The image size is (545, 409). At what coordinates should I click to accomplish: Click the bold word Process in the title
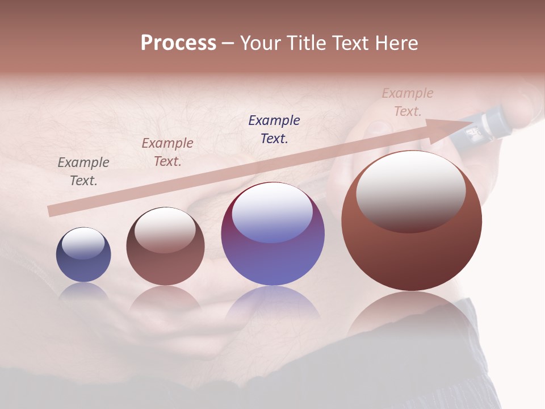178,43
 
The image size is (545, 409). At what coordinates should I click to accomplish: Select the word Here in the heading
395,43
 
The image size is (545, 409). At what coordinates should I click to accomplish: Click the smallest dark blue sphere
83,255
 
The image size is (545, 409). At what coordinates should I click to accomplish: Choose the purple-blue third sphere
272,233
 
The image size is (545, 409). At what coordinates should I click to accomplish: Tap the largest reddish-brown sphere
412,221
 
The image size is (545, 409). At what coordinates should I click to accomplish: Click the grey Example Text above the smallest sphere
83,171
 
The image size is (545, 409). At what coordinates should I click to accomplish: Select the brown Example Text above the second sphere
167,152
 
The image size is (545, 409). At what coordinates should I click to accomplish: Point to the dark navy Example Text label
274,129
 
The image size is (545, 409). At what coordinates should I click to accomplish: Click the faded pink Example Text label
408,102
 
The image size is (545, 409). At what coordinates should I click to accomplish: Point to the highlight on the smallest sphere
83,243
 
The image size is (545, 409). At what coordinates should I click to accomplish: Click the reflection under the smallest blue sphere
83,291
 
